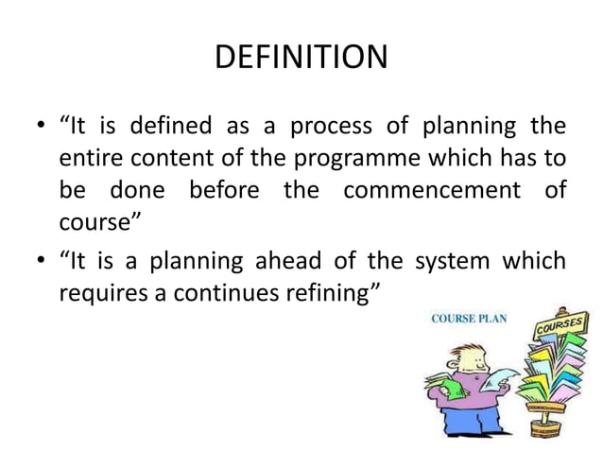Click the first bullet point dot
tap(39, 126)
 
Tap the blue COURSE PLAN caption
tap(470, 319)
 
